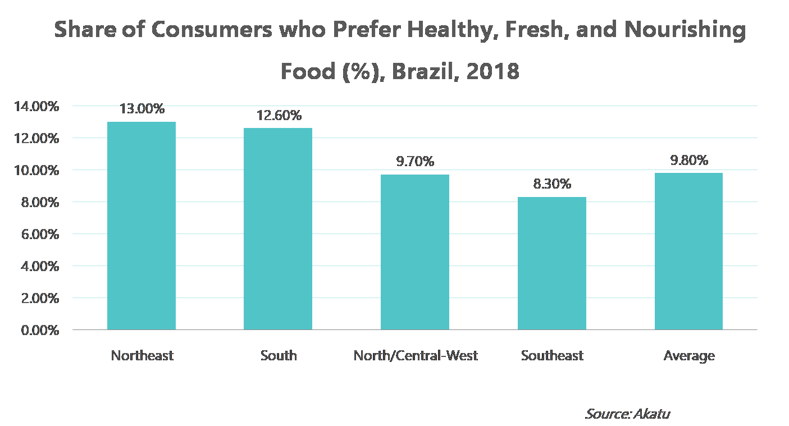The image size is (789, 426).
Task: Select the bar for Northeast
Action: click(x=142, y=226)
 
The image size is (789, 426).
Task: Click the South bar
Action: click(x=278, y=228)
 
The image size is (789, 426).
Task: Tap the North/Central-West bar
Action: click(x=415, y=252)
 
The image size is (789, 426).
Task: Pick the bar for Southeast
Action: click(x=552, y=263)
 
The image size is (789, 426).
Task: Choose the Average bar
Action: click(x=688, y=251)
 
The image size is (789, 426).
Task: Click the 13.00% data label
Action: click(x=142, y=109)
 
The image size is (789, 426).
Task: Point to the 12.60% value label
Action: click(x=279, y=116)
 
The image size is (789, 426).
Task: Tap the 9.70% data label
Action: click(x=416, y=162)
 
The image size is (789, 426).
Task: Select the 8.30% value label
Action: click(x=552, y=184)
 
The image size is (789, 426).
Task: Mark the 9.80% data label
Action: click(x=689, y=161)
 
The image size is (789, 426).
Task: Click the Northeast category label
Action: click(x=142, y=355)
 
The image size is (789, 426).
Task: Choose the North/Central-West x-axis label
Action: click(x=416, y=355)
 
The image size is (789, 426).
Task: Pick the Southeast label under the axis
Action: click(x=552, y=355)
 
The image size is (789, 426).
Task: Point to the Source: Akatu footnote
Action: click(x=627, y=414)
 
